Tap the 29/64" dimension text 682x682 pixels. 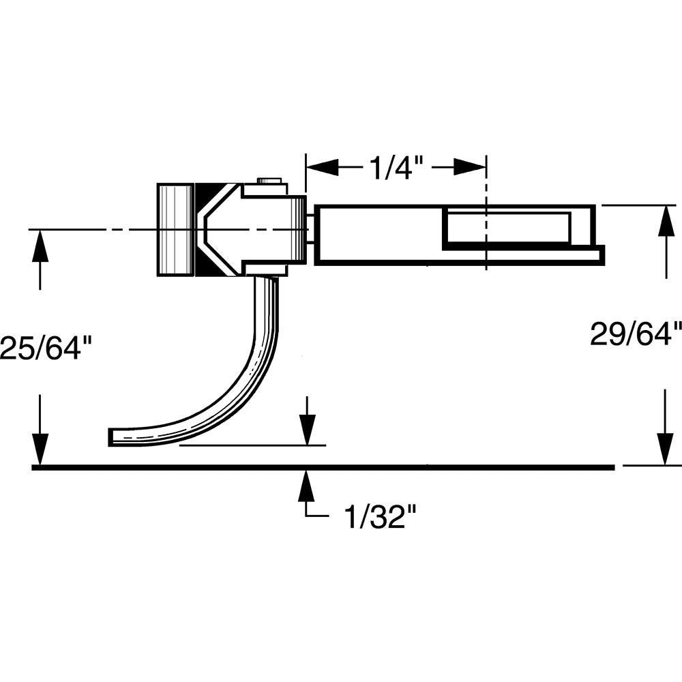[x=636, y=334]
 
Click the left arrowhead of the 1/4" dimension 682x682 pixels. [x=323, y=168]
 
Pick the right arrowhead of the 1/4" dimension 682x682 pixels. [x=469, y=167]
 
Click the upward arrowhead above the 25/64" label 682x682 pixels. [x=40, y=246]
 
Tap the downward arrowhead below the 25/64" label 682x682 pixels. [x=40, y=449]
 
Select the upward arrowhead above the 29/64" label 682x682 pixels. [x=666, y=222]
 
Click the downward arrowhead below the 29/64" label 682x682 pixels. [x=666, y=449]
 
